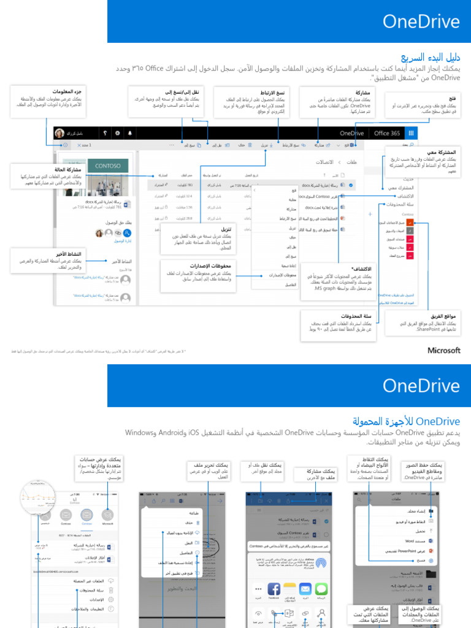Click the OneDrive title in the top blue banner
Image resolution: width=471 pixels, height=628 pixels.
(x=421, y=22)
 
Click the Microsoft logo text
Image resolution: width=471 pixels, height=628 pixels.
(x=443, y=350)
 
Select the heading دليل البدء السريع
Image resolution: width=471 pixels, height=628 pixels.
(x=434, y=58)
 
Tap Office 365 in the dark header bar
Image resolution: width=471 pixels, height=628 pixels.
(x=387, y=133)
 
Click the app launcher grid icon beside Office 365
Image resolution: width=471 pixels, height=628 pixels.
(x=411, y=133)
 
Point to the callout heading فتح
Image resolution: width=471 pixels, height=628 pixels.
(x=453, y=99)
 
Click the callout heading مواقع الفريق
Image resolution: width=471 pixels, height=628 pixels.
(x=446, y=316)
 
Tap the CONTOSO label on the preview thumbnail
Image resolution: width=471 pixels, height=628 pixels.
(x=108, y=166)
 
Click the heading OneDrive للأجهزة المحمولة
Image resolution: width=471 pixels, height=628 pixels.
(x=406, y=422)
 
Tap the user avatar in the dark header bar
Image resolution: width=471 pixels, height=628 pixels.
(x=59, y=133)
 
